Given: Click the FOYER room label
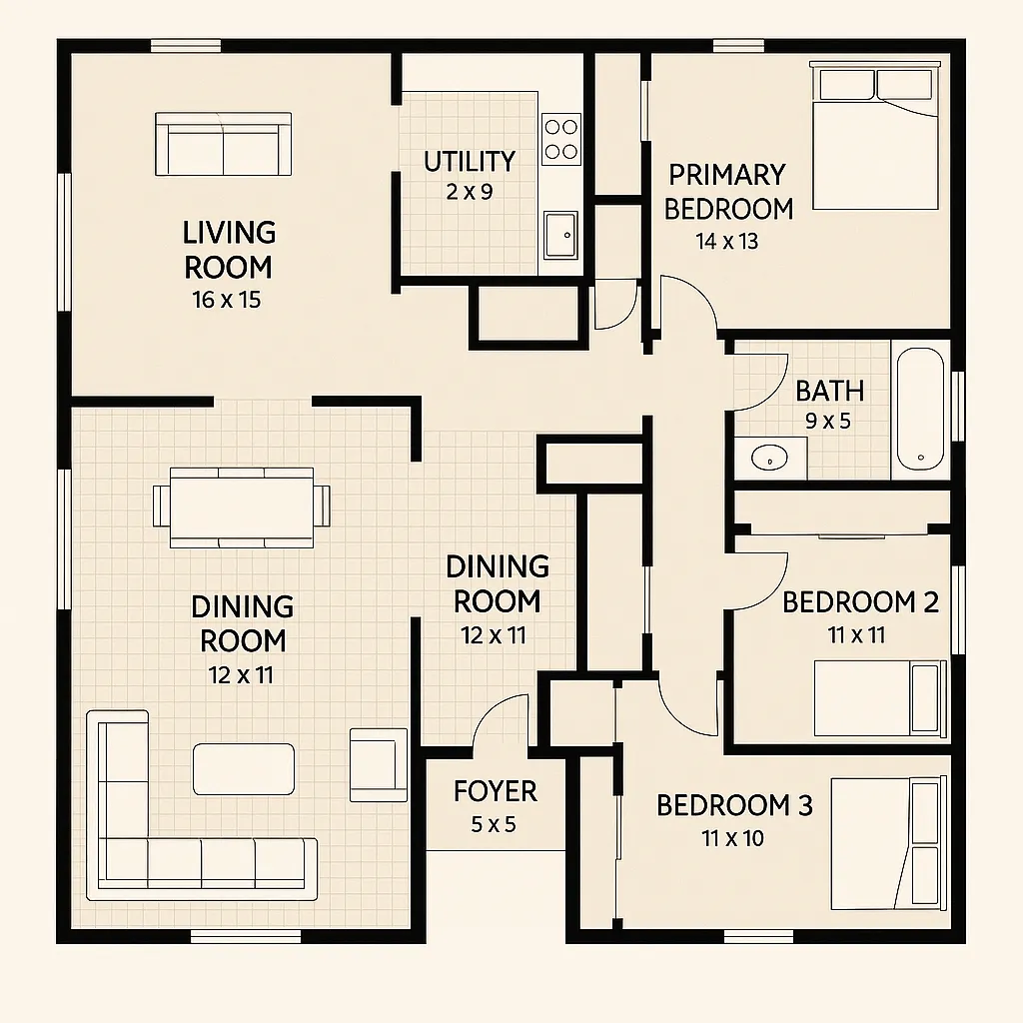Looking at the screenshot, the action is point(496,791).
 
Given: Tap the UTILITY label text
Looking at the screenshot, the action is point(470,162).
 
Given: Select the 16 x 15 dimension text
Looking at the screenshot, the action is point(227,300).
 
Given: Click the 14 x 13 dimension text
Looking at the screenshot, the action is point(727,242).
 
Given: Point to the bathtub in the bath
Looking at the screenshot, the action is point(920,409).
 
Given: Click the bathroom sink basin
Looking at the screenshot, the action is point(769,458).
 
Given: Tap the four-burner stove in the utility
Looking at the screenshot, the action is point(561,138).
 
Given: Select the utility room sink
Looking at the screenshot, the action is point(561,234).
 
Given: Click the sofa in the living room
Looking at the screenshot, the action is point(223,144).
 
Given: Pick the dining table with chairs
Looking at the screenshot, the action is point(242,508).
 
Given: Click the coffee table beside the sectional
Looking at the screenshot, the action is point(244,769).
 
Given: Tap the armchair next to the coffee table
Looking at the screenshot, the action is point(379,765).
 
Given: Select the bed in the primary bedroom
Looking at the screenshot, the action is point(875,136).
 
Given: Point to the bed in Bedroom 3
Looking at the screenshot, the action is point(888,843).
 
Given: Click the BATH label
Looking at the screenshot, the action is point(829,392).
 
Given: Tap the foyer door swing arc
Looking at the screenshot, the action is point(495,708).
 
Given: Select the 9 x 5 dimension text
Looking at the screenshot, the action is point(828,422).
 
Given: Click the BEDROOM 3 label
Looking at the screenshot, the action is point(734,806).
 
